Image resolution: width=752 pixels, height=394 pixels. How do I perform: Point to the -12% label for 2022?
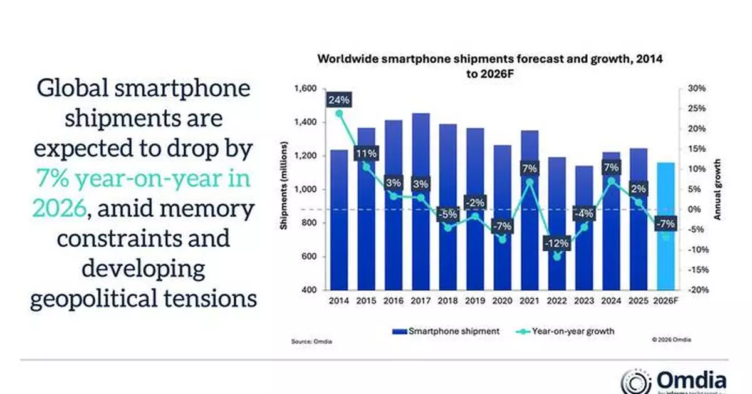558,242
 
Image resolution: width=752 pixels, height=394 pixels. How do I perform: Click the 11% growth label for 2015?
367,153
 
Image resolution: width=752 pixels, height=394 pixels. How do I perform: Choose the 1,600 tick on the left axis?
305,89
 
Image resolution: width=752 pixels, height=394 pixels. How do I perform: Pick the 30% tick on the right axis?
697,89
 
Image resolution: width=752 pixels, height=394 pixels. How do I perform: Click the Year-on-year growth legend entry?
569,331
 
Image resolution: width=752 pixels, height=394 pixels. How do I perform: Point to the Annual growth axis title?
719,189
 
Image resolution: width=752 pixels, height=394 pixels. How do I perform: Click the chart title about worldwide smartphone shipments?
489,65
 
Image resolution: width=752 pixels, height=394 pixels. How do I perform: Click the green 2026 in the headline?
58,208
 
